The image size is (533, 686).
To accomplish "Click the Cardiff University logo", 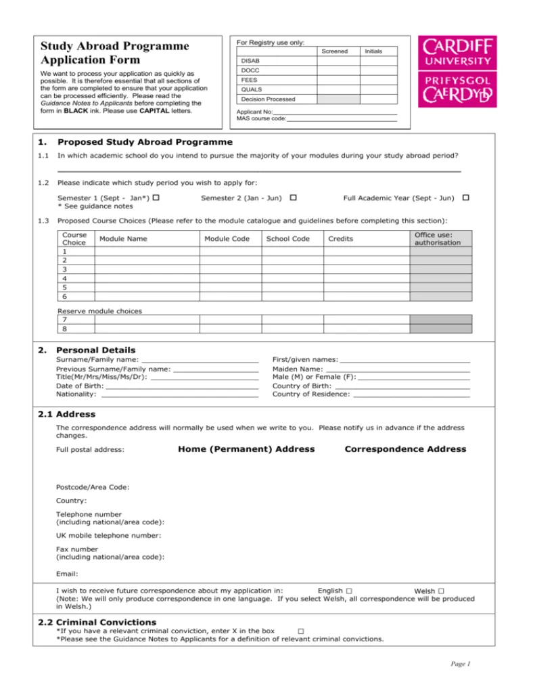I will point(457,72).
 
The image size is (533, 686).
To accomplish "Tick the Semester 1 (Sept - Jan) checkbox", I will point(156,198).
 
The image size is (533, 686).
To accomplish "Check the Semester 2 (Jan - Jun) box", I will point(293,198).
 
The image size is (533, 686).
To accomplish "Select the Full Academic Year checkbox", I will point(465,198).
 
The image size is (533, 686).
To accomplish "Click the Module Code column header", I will point(227,239).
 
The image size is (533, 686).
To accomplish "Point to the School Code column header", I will point(288,239).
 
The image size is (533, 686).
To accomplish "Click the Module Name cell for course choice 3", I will point(147,269).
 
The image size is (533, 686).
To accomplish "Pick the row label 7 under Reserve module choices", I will point(64,319).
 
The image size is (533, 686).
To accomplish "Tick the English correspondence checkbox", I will point(348,591).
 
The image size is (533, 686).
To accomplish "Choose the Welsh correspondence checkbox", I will point(440,591).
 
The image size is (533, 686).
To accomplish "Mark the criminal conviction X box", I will point(300,631).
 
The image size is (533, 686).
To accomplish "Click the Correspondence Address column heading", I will point(405,449).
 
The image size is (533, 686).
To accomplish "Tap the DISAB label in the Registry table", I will point(250,61).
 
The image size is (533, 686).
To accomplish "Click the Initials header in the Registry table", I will point(373,51).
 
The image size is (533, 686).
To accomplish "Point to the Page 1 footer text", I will point(461,664).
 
